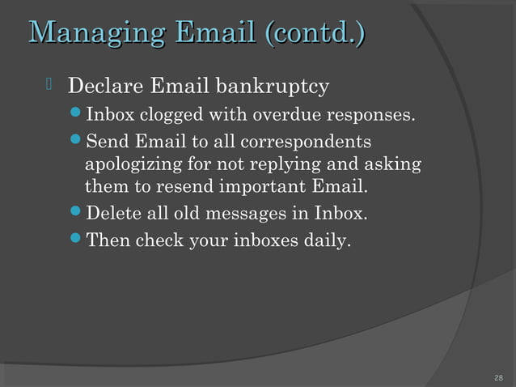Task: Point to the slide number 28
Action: [x=498, y=378]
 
